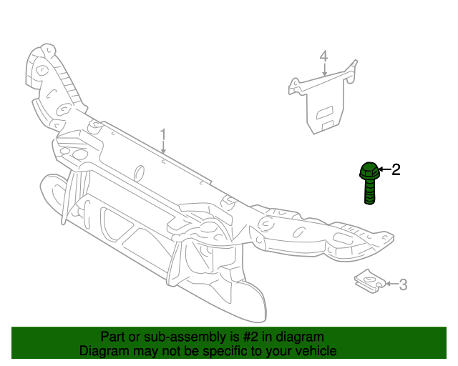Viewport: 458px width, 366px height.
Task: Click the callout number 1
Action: tap(163, 134)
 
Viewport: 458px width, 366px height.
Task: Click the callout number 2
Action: tap(395, 169)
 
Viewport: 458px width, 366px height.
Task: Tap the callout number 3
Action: tap(403, 285)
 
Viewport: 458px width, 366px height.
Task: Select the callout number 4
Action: tap(323, 56)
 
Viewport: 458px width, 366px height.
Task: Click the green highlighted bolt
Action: tap(369, 183)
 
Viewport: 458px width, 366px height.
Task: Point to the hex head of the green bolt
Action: tap(369, 172)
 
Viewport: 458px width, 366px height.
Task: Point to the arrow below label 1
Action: tap(163, 148)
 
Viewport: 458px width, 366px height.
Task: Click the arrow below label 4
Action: tap(323, 70)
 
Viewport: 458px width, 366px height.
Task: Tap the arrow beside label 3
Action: tap(391, 285)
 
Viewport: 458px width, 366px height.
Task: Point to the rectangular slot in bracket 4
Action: tap(325, 112)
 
